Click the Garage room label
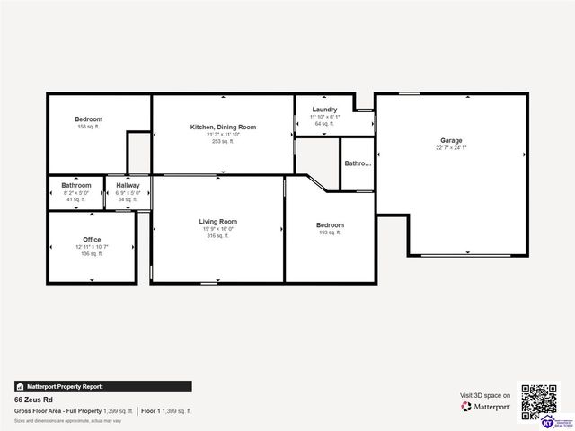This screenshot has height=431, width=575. coord(451,140)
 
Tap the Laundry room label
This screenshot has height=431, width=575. coord(324,110)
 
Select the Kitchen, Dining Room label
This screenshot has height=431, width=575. coord(223,128)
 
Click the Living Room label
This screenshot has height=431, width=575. coord(217,221)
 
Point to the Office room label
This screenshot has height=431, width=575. coord(92,240)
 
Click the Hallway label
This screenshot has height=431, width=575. coord(128,185)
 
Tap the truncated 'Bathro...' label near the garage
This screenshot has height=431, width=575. coord(358,163)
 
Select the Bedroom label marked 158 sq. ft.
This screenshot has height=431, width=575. coord(88,119)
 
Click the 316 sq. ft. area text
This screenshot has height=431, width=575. coord(217,236)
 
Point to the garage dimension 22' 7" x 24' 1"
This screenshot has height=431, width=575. coord(451,149)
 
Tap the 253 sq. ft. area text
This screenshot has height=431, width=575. coord(223,142)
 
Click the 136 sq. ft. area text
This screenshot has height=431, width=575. coord(92,254)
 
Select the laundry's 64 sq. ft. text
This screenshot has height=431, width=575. coord(324,124)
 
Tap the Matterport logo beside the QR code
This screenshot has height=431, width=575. coord(486,407)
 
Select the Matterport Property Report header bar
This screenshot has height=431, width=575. coord(102,386)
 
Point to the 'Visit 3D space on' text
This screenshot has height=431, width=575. coord(485,395)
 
